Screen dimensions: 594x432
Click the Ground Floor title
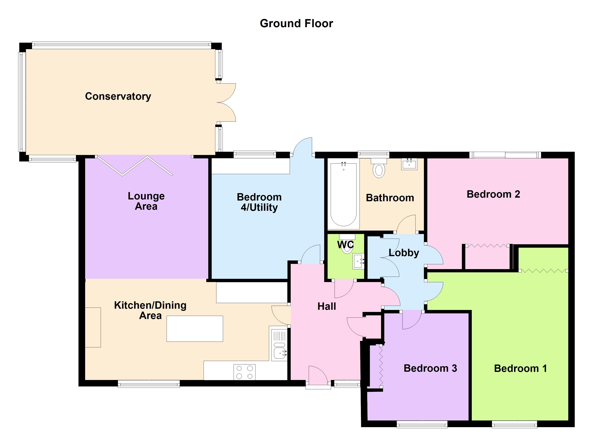pos(296,24)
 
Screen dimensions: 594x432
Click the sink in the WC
pos(358,261)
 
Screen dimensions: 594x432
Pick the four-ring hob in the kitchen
pos(244,372)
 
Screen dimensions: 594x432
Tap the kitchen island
pos(195,328)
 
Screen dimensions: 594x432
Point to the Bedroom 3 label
pos(430,368)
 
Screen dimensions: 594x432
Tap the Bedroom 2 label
pos(493,194)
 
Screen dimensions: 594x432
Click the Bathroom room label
pos(390,198)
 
